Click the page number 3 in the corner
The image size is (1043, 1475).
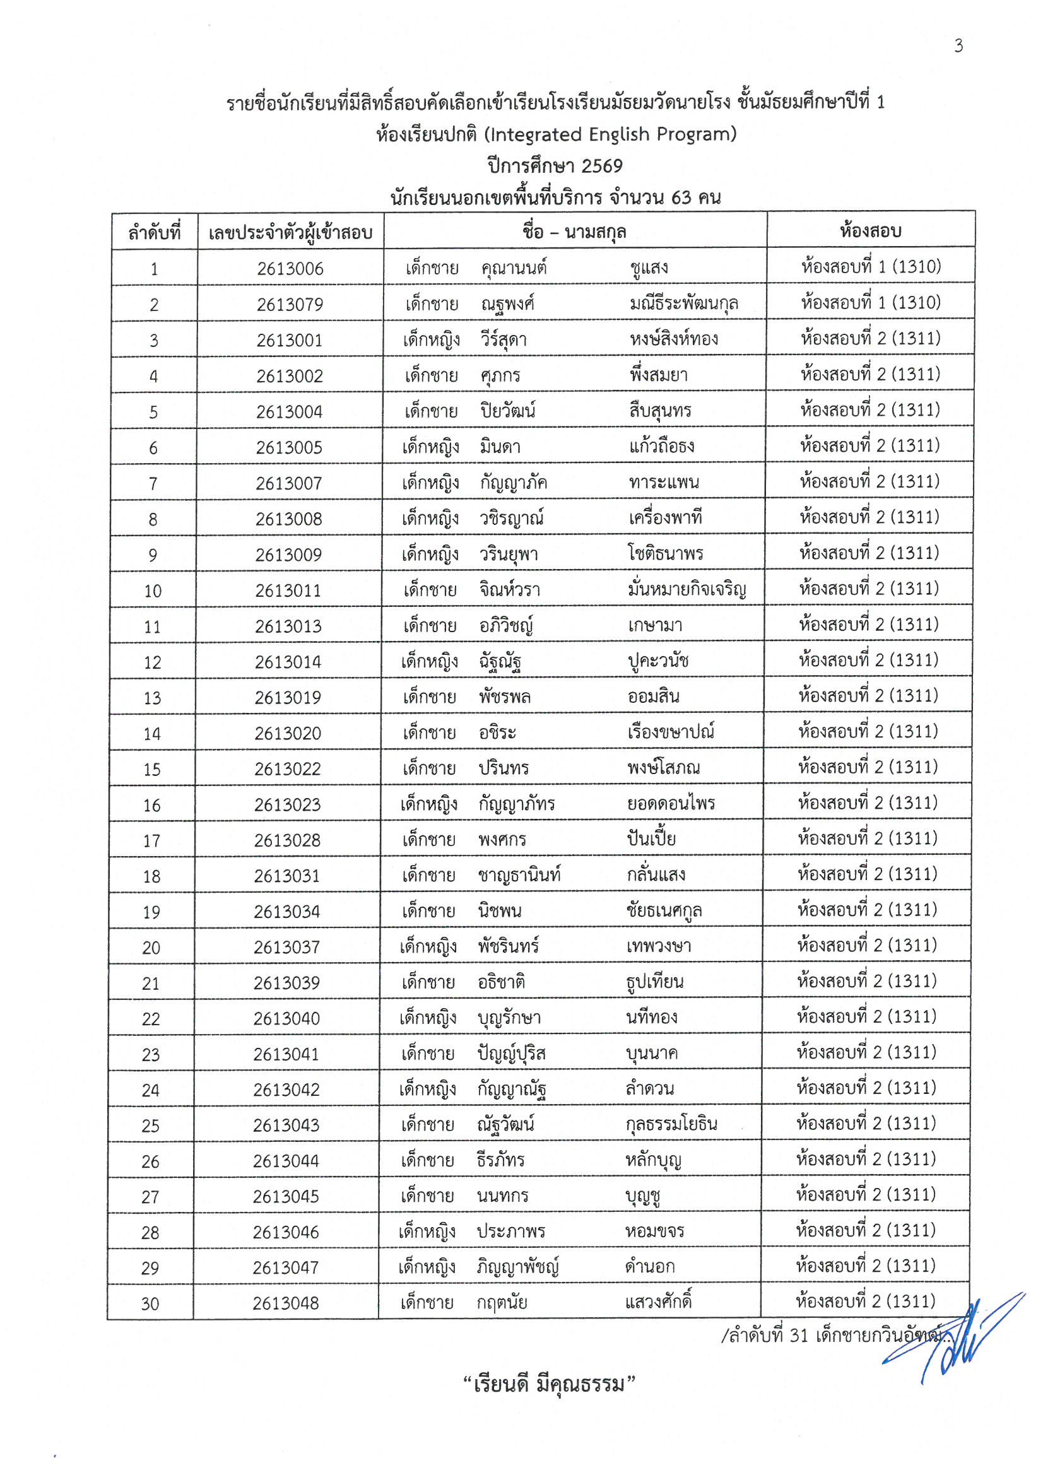coord(958,45)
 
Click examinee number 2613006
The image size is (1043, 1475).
coord(290,269)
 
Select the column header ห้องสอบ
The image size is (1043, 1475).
coord(870,231)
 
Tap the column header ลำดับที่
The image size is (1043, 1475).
coord(154,232)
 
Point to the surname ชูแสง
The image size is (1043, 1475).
coord(649,267)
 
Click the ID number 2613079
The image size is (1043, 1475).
coord(290,305)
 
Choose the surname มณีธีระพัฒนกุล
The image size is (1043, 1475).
coord(684,303)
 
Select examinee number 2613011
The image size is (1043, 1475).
coord(288,591)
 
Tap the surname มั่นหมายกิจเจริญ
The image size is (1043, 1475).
coord(687,589)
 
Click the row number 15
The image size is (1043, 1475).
coord(151,770)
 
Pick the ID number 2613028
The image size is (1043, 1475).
coord(286,840)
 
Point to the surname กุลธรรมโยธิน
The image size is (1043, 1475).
coord(671,1124)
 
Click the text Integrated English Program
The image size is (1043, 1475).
coord(610,134)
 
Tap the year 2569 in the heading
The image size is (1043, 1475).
coord(601,167)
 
